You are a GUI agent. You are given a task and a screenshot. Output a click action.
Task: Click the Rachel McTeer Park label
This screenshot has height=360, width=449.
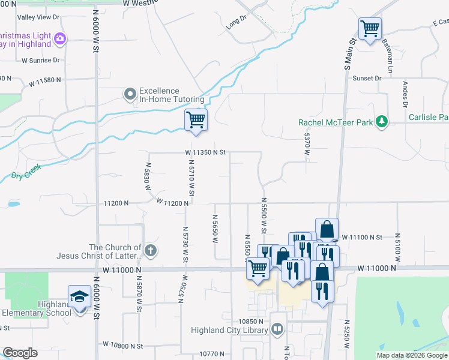click(x=336, y=122)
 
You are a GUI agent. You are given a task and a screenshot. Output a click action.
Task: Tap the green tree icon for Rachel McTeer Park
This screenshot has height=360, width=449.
click(x=381, y=122)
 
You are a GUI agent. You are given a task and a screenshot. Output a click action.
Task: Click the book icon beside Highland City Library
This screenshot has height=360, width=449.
click(x=277, y=329)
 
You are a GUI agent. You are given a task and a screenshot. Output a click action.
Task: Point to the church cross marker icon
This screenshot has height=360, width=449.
click(x=151, y=251)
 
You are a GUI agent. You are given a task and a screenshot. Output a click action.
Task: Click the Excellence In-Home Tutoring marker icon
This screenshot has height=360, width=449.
click(x=130, y=94)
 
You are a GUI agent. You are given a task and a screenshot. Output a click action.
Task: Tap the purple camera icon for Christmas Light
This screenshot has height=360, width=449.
click(x=59, y=40)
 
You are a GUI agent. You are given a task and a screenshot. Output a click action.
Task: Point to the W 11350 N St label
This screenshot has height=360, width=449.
click(x=205, y=152)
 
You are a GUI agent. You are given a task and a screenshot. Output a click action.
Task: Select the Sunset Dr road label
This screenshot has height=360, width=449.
click(x=367, y=79)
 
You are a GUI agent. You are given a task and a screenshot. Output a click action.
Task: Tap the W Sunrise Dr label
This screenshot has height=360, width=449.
click(x=41, y=60)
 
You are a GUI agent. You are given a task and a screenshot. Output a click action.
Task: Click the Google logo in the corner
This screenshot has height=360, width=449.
click(x=20, y=353)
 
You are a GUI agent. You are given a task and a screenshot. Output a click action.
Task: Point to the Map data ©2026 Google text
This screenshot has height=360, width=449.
click(x=412, y=355)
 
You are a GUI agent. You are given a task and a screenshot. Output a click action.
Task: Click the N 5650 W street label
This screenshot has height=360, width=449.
click(x=214, y=228)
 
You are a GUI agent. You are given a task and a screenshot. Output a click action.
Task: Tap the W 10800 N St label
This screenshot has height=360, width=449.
click(x=122, y=346)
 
